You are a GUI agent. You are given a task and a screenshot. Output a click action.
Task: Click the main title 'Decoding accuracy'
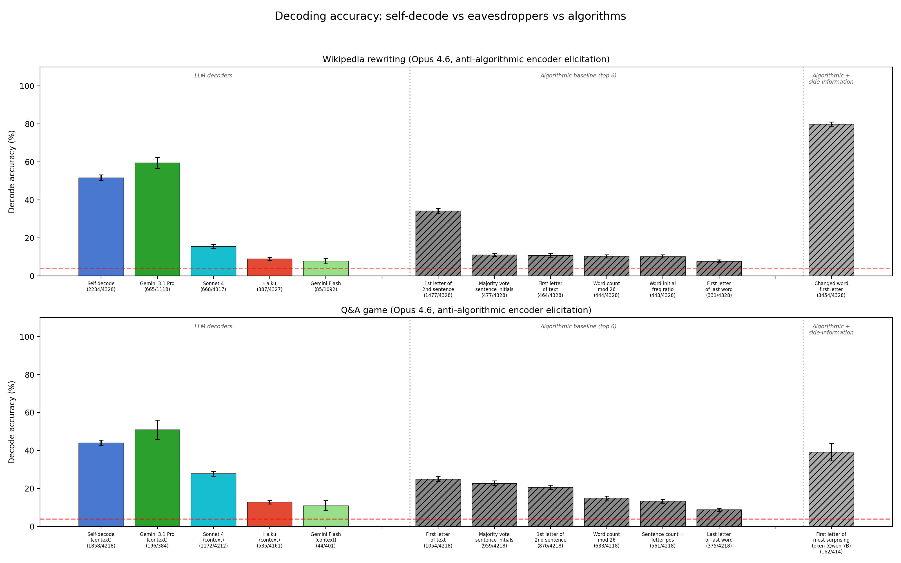[450, 16]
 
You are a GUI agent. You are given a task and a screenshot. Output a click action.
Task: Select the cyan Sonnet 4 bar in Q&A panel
[213, 500]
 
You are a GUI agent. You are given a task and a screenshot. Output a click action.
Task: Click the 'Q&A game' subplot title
[466, 310]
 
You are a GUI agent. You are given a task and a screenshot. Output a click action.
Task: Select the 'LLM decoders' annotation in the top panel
[213, 76]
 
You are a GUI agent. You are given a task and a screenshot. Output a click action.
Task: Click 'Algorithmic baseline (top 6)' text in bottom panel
[578, 327]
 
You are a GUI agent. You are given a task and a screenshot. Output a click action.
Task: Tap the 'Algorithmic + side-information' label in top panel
[831, 79]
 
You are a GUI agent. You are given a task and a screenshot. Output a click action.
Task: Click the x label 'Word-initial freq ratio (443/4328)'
[662, 289]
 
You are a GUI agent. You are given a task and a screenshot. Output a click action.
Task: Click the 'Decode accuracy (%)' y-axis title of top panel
[12, 172]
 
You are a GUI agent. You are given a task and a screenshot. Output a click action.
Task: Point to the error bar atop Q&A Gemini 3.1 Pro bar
[157, 429]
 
